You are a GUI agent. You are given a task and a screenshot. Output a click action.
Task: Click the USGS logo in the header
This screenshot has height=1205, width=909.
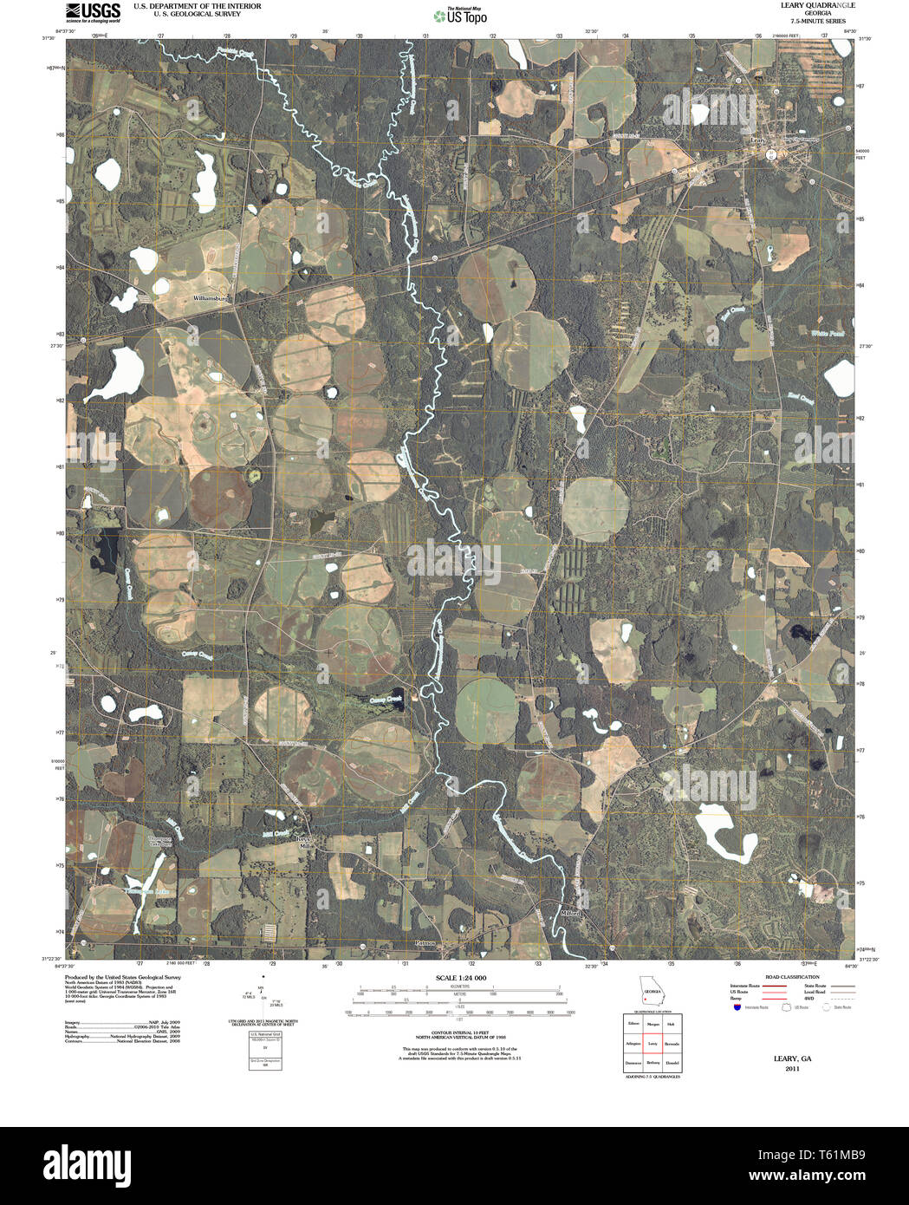tap(93, 11)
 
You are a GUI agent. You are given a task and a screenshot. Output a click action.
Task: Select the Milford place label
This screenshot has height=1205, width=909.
tap(569, 913)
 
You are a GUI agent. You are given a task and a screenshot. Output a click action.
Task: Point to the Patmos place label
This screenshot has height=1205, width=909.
tap(427, 942)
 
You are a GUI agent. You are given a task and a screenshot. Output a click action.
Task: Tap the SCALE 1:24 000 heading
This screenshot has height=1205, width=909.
tap(461, 978)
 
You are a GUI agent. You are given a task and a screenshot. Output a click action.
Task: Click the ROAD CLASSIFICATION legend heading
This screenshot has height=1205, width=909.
tap(786, 977)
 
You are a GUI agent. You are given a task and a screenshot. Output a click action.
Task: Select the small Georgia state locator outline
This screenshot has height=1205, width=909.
tap(651, 991)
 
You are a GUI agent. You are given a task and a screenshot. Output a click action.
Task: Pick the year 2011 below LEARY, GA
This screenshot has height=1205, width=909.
tap(792, 1069)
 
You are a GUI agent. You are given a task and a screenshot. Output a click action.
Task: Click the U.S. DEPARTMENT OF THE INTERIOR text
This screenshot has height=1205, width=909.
tap(197, 6)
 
